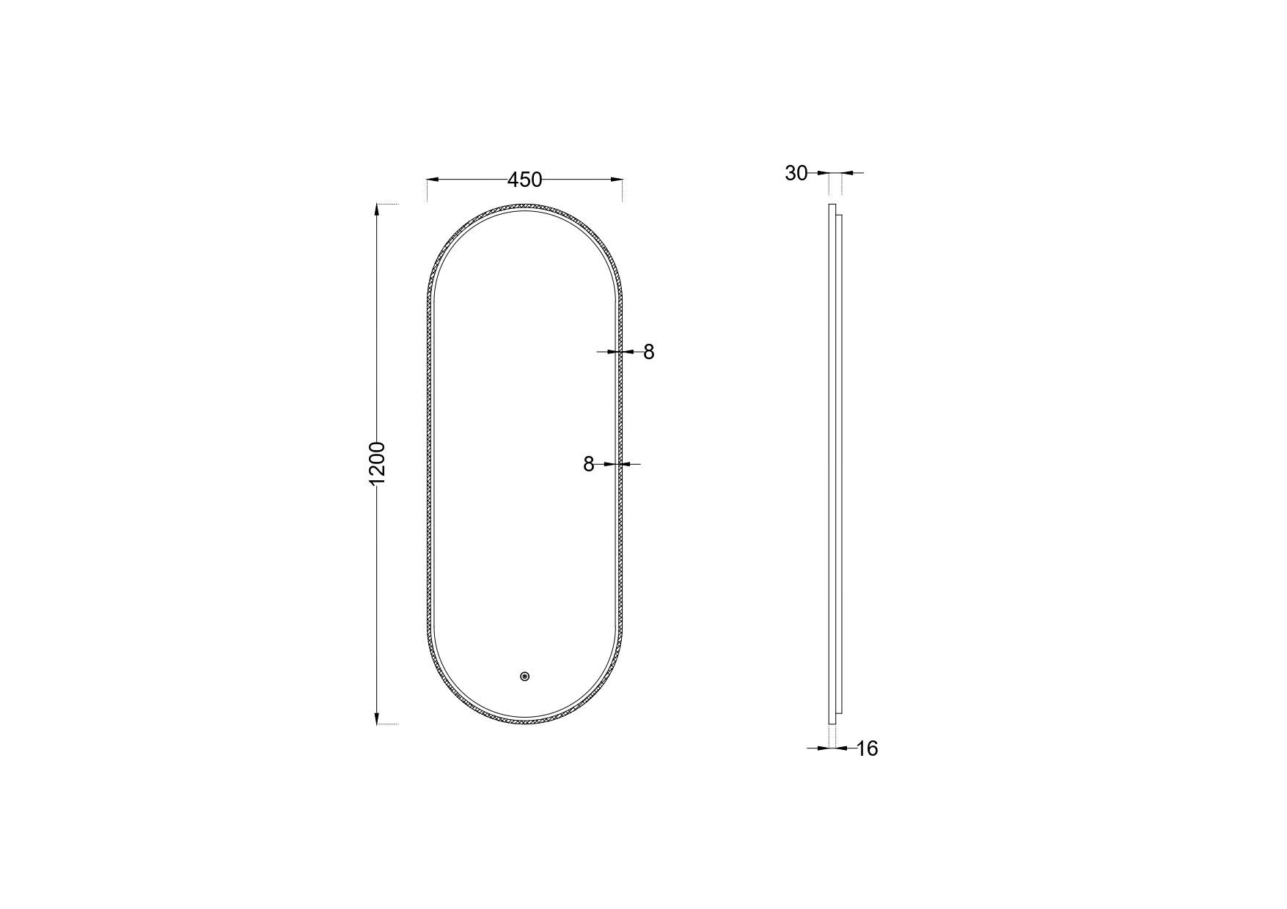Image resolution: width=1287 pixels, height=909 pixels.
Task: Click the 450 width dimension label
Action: (x=524, y=180)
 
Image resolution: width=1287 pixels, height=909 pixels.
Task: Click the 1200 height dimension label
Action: (x=377, y=463)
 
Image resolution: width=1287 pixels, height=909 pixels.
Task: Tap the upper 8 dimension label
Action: (x=648, y=353)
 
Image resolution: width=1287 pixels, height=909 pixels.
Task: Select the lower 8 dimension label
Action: (x=588, y=464)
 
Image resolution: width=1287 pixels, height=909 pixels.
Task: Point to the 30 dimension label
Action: (x=796, y=174)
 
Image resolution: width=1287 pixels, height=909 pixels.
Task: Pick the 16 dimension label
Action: (x=867, y=749)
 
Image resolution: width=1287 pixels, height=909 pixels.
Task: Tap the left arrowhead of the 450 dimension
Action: (x=433, y=179)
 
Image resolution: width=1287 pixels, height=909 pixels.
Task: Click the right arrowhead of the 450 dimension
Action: (x=617, y=179)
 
